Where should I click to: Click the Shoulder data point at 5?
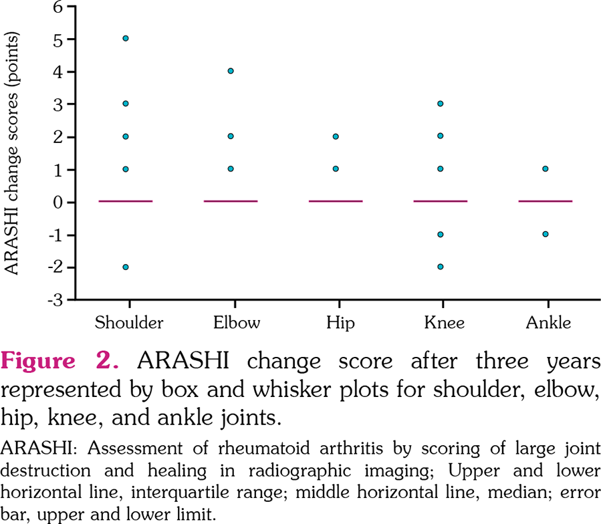[x=125, y=38]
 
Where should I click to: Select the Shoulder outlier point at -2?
[x=125, y=267]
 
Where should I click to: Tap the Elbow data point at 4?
[x=231, y=71]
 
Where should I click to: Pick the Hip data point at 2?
[x=336, y=136]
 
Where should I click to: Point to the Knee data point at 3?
[x=441, y=104]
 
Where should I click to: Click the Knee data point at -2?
[x=441, y=267]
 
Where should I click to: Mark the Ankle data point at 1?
[x=546, y=169]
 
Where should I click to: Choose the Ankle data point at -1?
[x=546, y=234]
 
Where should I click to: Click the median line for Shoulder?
[x=125, y=201]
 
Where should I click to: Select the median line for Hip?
[x=336, y=201]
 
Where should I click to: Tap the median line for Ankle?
[x=546, y=201]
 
